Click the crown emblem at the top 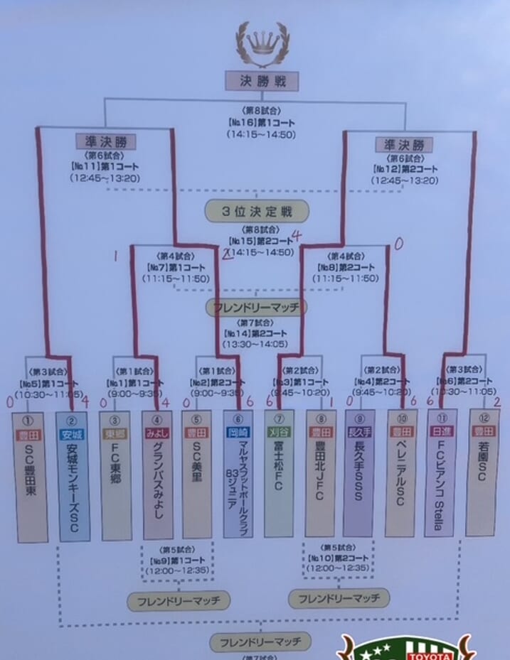coord(262,43)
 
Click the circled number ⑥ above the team coord(238,418)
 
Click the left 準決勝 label coord(105,141)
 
